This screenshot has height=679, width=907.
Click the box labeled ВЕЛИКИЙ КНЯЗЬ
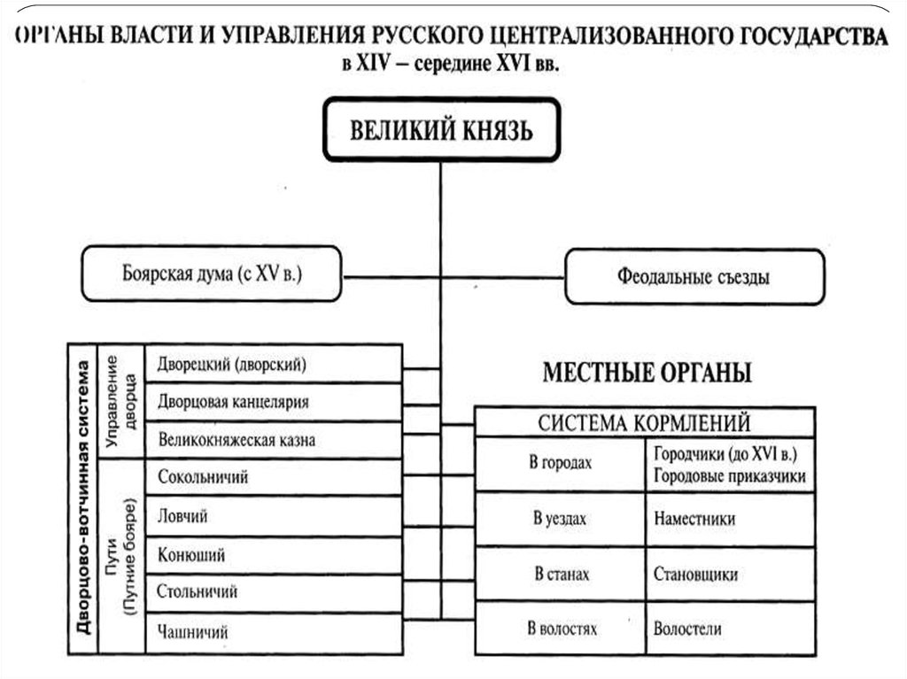(x=441, y=130)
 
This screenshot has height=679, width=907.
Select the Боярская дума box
(x=211, y=274)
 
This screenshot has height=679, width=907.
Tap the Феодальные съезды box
(x=694, y=277)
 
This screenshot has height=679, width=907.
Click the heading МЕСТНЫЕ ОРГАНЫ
(x=647, y=374)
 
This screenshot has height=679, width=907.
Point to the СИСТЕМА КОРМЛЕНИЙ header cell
(x=644, y=422)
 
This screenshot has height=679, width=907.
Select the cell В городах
(x=560, y=462)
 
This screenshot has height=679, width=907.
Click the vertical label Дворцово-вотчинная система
(x=84, y=498)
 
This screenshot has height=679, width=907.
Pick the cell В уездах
(x=560, y=520)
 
